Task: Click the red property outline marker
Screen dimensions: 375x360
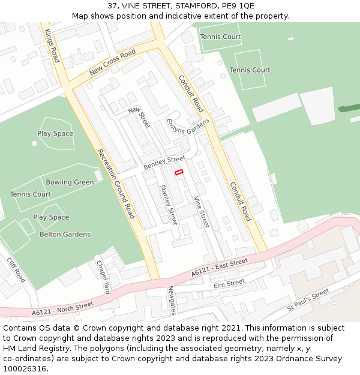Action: pyautogui.click(x=179, y=172)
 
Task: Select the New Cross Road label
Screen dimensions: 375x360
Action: pyautogui.click(x=113, y=62)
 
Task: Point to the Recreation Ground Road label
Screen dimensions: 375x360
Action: pyautogui.click(x=116, y=183)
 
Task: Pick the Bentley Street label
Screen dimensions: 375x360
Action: pyautogui.click(x=164, y=162)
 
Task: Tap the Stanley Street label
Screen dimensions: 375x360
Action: pyautogui.click(x=169, y=205)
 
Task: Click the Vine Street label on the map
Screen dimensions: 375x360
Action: pyautogui.click(x=201, y=211)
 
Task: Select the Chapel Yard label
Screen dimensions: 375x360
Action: pyautogui.click(x=103, y=276)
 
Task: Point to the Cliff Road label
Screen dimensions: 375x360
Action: pyautogui.click(x=16, y=270)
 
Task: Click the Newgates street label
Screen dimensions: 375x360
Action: pyautogui.click(x=172, y=299)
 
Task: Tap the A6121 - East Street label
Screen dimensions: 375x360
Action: pyautogui.click(x=220, y=268)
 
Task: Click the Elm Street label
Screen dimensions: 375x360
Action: pyautogui.click(x=229, y=283)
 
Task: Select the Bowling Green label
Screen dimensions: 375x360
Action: pyautogui.click(x=70, y=182)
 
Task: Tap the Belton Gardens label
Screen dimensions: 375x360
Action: pyautogui.click(x=65, y=234)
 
